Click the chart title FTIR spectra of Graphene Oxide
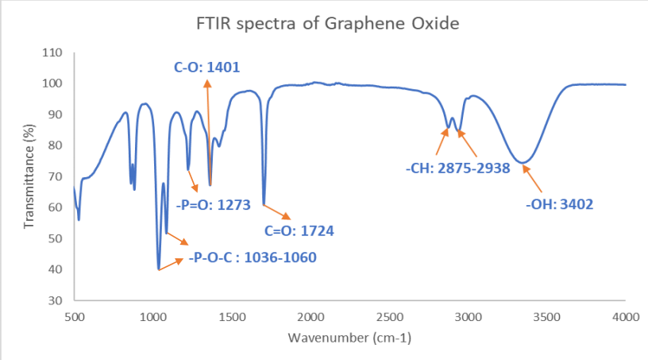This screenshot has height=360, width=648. tap(328, 23)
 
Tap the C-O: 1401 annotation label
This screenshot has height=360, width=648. tap(207, 68)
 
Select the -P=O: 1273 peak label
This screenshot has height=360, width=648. tap(214, 204)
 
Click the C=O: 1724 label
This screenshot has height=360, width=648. tap(298, 231)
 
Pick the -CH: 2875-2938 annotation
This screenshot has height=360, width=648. tap(457, 168)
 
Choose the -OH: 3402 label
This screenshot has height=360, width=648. tap(559, 204)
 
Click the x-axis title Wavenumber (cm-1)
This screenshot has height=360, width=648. tap(349, 338)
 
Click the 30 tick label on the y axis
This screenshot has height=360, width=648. tap(55, 300)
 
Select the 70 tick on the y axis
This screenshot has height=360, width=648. tap(55, 176)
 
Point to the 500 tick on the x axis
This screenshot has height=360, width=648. tap(74, 317)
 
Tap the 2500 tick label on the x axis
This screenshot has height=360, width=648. tap(389, 317)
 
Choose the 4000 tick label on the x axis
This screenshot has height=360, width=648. tap(626, 317)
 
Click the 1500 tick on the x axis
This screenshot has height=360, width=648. tap(232, 317)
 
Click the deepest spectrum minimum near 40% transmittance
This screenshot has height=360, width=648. tap(159, 269)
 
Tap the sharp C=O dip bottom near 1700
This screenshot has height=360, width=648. tap(263, 204)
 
